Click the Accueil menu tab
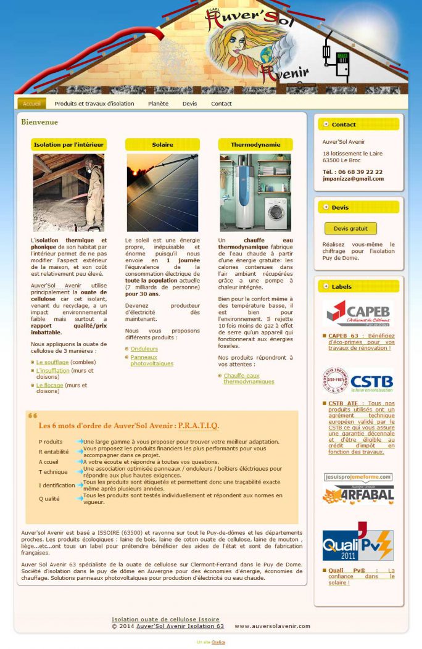[31, 104]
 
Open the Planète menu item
[158, 104]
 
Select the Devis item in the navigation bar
[189, 104]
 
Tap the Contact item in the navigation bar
[221, 104]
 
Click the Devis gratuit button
[350, 228]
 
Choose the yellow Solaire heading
[162, 144]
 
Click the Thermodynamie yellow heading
[255, 144]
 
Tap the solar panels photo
[162, 192]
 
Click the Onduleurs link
[144, 349]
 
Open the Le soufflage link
[52, 362]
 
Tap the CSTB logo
[358, 381]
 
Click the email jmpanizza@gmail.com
[353, 179]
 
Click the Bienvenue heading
[39, 122]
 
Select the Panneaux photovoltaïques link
[152, 360]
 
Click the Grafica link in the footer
[218, 642]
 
